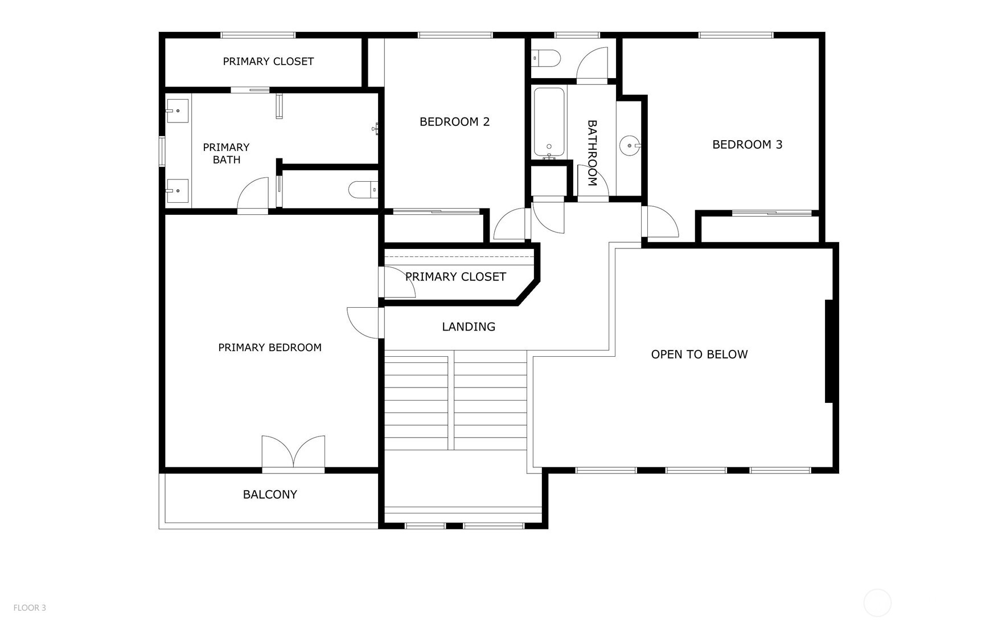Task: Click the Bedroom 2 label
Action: (x=454, y=121)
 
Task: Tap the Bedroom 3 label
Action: (x=747, y=145)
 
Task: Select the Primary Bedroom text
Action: (x=270, y=348)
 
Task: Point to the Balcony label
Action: (x=270, y=495)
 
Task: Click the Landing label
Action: (x=469, y=327)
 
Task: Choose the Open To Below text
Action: (x=699, y=354)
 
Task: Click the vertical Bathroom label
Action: (x=592, y=153)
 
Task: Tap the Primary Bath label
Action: (x=226, y=153)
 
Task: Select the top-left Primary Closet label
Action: (x=268, y=62)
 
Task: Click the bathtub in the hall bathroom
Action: (x=549, y=122)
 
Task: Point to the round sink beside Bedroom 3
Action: (x=630, y=146)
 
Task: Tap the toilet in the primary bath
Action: (x=362, y=190)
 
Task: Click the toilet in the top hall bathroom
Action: (x=546, y=58)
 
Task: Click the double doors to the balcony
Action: (x=293, y=454)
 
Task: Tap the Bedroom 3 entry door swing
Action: (x=660, y=222)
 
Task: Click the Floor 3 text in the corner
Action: (x=30, y=608)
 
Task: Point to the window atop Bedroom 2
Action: (x=455, y=35)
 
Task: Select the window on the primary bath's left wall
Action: (x=162, y=152)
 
